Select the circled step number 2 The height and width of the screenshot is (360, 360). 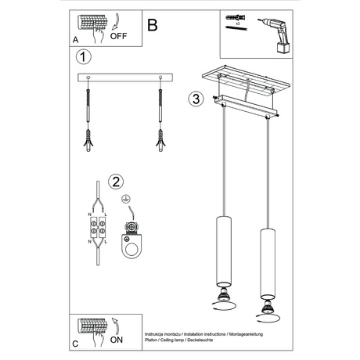click(116, 182)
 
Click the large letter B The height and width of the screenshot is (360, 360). click(152, 25)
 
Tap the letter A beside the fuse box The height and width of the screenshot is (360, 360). click(75, 37)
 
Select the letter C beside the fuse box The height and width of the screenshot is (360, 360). click(75, 342)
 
